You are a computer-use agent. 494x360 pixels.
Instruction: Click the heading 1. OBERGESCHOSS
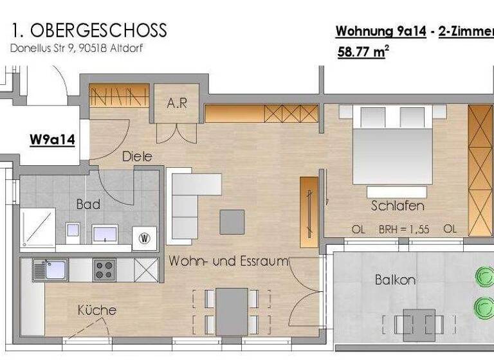(89, 30)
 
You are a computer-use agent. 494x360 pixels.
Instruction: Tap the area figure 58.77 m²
(362, 52)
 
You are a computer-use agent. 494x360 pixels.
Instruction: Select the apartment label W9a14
(52, 139)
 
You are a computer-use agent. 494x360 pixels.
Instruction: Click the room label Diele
(137, 156)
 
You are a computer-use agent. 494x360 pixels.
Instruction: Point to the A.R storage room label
(176, 103)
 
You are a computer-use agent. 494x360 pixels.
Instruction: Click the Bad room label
(88, 204)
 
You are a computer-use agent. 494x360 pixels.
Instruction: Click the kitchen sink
(42, 269)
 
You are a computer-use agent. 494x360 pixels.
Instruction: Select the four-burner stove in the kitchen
(104, 269)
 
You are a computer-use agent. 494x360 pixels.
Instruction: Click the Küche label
(96, 310)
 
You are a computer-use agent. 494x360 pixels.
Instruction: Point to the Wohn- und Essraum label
(228, 262)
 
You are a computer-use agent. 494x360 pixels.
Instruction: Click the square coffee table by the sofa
(232, 222)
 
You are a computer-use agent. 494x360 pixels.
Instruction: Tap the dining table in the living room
(232, 310)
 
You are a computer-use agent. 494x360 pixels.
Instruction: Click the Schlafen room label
(398, 206)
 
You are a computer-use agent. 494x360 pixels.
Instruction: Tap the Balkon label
(395, 280)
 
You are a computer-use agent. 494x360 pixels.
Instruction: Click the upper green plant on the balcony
(484, 276)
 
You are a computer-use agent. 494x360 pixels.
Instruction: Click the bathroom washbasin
(104, 233)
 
